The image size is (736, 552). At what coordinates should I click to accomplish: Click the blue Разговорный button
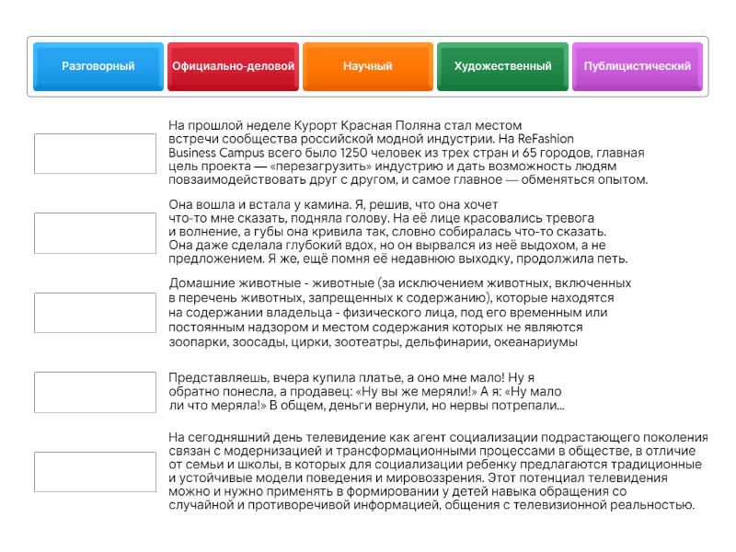click(x=98, y=66)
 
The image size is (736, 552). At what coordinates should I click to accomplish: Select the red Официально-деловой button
click(x=233, y=66)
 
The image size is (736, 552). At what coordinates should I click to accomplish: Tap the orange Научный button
click(x=368, y=66)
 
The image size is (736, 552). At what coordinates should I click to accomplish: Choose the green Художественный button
click(x=502, y=66)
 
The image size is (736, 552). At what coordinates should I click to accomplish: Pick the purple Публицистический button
click(x=637, y=66)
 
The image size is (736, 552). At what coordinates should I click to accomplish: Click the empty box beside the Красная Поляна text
click(x=95, y=154)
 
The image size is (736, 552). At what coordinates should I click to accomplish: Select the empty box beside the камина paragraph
click(x=95, y=233)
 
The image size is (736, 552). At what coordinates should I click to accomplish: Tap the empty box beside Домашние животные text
click(x=95, y=313)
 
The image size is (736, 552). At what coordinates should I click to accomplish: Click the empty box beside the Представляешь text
click(x=95, y=392)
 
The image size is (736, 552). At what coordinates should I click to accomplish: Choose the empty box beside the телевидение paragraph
click(x=95, y=471)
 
